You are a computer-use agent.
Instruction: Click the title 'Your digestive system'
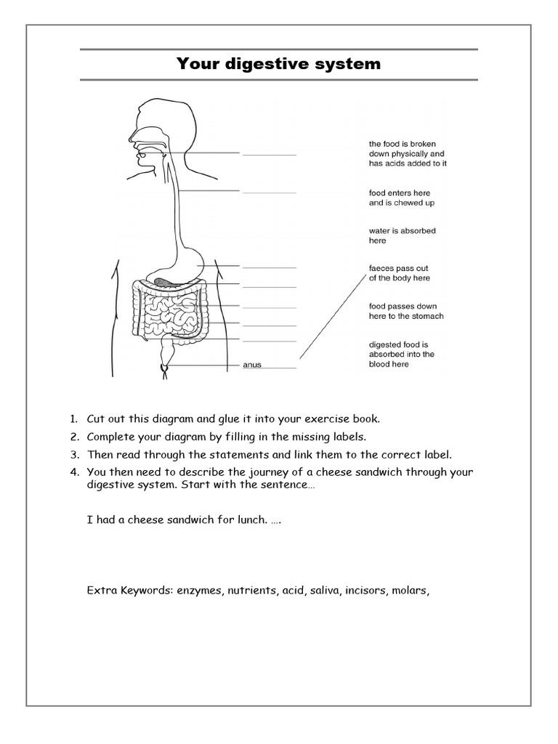[x=278, y=64]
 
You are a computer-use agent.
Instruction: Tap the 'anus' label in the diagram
[x=251, y=365]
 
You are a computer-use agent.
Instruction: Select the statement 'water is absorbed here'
[x=402, y=235]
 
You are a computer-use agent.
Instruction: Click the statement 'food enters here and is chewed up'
[x=401, y=198]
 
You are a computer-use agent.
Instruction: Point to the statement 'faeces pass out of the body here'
[x=399, y=273]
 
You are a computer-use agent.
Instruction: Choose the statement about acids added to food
[x=407, y=154]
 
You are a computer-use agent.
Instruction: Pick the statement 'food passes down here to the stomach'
[x=405, y=311]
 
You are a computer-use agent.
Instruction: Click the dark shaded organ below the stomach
[x=164, y=279]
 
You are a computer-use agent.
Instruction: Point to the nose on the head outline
[x=132, y=134]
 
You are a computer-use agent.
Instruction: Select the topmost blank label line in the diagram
[x=269, y=155]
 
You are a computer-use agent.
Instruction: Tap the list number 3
[x=74, y=455]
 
